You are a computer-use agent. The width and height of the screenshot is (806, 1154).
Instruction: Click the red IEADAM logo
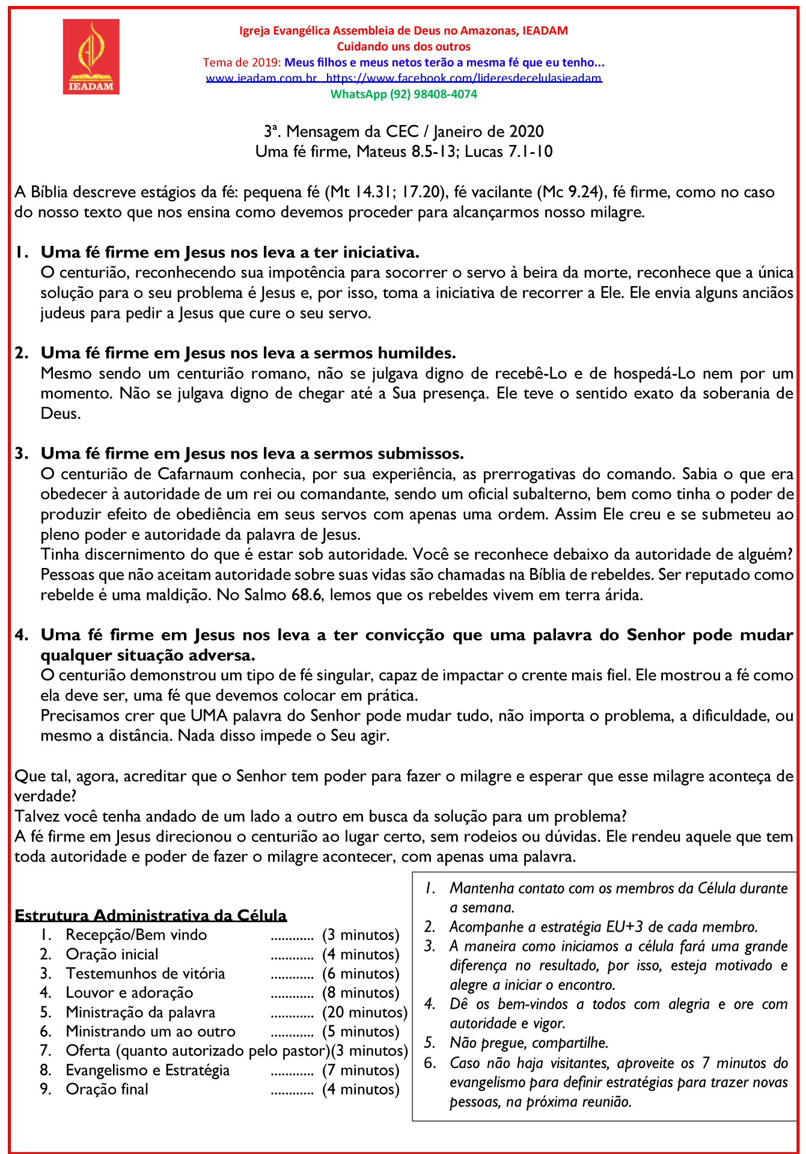click(x=91, y=56)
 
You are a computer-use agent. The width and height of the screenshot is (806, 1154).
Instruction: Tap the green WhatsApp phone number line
click(x=403, y=94)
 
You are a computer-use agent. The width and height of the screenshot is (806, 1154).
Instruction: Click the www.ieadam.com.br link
click(x=261, y=78)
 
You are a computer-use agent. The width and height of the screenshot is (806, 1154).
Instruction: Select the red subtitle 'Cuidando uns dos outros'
click(x=403, y=46)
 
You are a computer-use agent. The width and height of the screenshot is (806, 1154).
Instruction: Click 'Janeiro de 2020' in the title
click(x=488, y=132)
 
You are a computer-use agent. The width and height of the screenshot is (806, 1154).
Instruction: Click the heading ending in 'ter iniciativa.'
click(x=230, y=252)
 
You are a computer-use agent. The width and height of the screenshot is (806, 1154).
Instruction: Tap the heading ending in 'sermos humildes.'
click(x=248, y=353)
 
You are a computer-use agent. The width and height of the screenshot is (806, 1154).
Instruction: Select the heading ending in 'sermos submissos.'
click(x=252, y=453)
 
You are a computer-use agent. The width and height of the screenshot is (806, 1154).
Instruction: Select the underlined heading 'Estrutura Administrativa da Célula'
click(x=151, y=915)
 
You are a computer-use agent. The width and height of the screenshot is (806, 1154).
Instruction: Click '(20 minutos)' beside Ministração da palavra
click(x=365, y=1012)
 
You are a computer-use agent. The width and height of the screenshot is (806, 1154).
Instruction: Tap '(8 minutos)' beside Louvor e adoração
click(x=361, y=993)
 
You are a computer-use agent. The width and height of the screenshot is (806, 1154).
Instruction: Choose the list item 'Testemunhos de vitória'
click(x=145, y=974)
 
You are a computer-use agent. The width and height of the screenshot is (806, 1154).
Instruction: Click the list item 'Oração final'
click(x=107, y=1089)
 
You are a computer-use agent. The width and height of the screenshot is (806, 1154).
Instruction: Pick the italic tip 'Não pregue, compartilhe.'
click(x=529, y=1043)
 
